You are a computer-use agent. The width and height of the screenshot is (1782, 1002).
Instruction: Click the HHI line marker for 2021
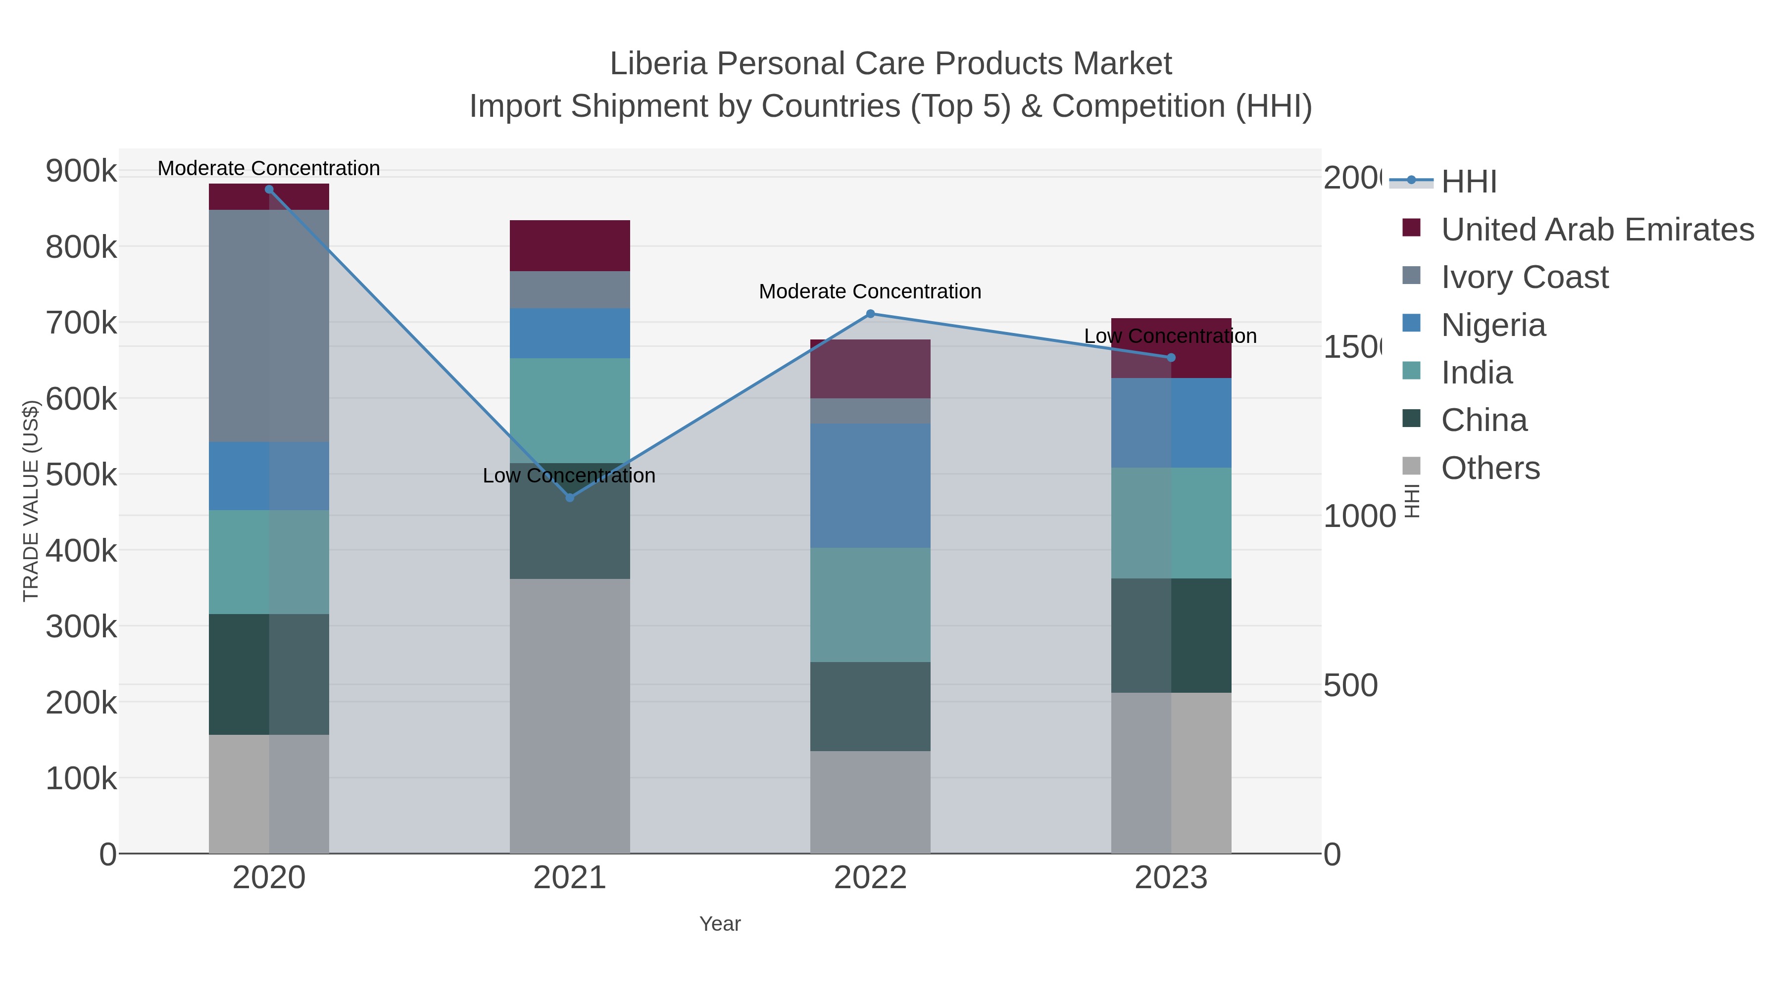coord(569,497)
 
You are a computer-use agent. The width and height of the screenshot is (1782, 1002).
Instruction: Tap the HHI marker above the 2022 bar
coord(870,314)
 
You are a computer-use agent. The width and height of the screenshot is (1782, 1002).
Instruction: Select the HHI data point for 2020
coord(269,190)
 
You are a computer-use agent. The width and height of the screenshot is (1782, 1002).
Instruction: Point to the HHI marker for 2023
coord(1171,358)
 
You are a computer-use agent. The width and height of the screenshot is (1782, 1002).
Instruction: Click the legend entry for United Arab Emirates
coord(1596,230)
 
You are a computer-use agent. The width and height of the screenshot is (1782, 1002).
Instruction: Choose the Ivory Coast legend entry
coord(1524,277)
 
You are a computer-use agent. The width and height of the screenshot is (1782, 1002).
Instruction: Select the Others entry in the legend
coord(1490,468)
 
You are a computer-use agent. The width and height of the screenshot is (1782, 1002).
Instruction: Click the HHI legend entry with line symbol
coord(1469,182)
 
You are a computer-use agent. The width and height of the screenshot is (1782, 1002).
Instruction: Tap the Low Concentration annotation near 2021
coord(569,476)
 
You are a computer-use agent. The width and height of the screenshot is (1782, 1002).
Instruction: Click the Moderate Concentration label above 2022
coord(870,292)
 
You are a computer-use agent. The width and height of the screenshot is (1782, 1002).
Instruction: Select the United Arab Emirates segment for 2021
coord(569,245)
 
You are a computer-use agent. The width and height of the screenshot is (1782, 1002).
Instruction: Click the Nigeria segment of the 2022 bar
coord(870,485)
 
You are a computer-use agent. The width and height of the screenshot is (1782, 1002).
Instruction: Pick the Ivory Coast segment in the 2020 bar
coord(269,325)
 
